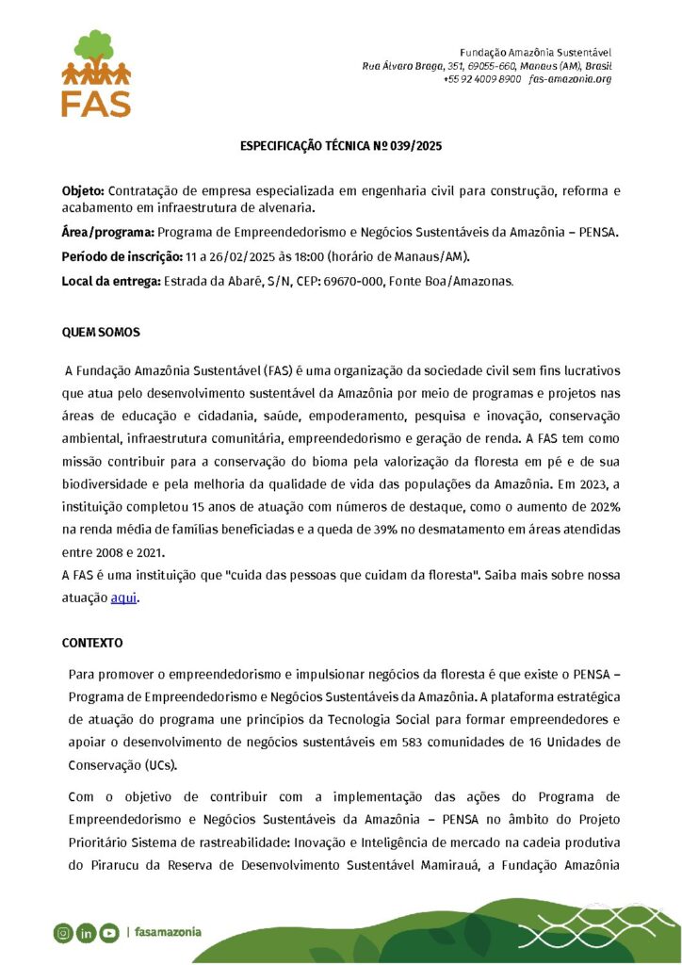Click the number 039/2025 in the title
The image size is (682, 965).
click(418, 147)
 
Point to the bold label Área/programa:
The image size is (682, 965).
click(108, 232)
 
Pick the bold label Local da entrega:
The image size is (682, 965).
click(112, 281)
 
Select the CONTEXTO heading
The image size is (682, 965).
click(92, 643)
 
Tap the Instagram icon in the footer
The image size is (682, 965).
click(63, 933)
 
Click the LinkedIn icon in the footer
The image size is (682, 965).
click(87, 933)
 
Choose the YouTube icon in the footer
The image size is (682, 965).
click(109, 933)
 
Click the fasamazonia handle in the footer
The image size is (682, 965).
click(168, 932)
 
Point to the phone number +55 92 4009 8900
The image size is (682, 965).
click(481, 79)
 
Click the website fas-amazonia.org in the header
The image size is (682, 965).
click(570, 79)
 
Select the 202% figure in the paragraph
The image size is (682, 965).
click(604, 507)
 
